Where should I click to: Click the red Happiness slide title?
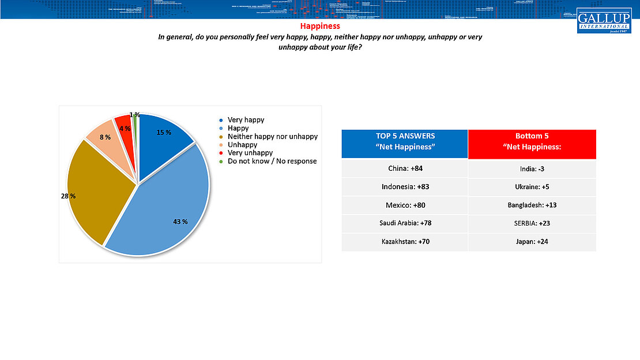[320, 26]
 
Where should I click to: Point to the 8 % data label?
[104, 137]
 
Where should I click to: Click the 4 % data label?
[124, 129]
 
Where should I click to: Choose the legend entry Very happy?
[246, 120]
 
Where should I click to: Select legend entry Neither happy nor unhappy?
[272, 137]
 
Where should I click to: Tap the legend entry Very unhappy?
[250, 153]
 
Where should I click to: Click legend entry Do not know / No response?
[272, 161]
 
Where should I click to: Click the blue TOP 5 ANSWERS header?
[405, 144]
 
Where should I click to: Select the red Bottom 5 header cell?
[532, 144]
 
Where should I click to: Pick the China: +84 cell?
[405, 168]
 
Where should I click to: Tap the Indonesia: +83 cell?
[405, 187]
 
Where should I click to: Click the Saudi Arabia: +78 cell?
[405, 223]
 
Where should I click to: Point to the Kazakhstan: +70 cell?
[405, 241]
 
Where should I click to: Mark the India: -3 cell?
[532, 168]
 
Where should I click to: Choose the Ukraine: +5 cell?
[532, 187]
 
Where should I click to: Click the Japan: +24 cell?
[532, 241]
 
